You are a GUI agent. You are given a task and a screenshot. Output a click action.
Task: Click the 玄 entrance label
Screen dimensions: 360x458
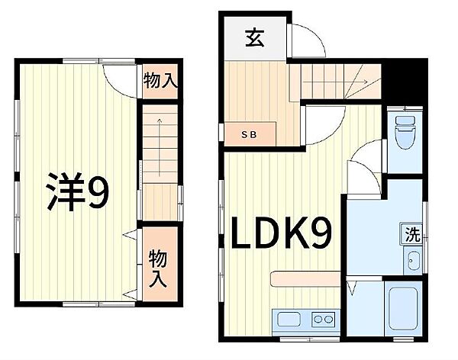[x=254, y=37]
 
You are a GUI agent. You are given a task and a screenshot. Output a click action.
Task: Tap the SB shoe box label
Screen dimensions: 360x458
[x=250, y=135]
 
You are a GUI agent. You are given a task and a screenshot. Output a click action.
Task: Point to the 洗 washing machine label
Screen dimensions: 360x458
[x=413, y=235]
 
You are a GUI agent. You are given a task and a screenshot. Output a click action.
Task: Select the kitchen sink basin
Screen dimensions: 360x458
[x=290, y=320]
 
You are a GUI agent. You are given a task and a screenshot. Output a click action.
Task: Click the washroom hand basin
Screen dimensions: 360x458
[x=413, y=264]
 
